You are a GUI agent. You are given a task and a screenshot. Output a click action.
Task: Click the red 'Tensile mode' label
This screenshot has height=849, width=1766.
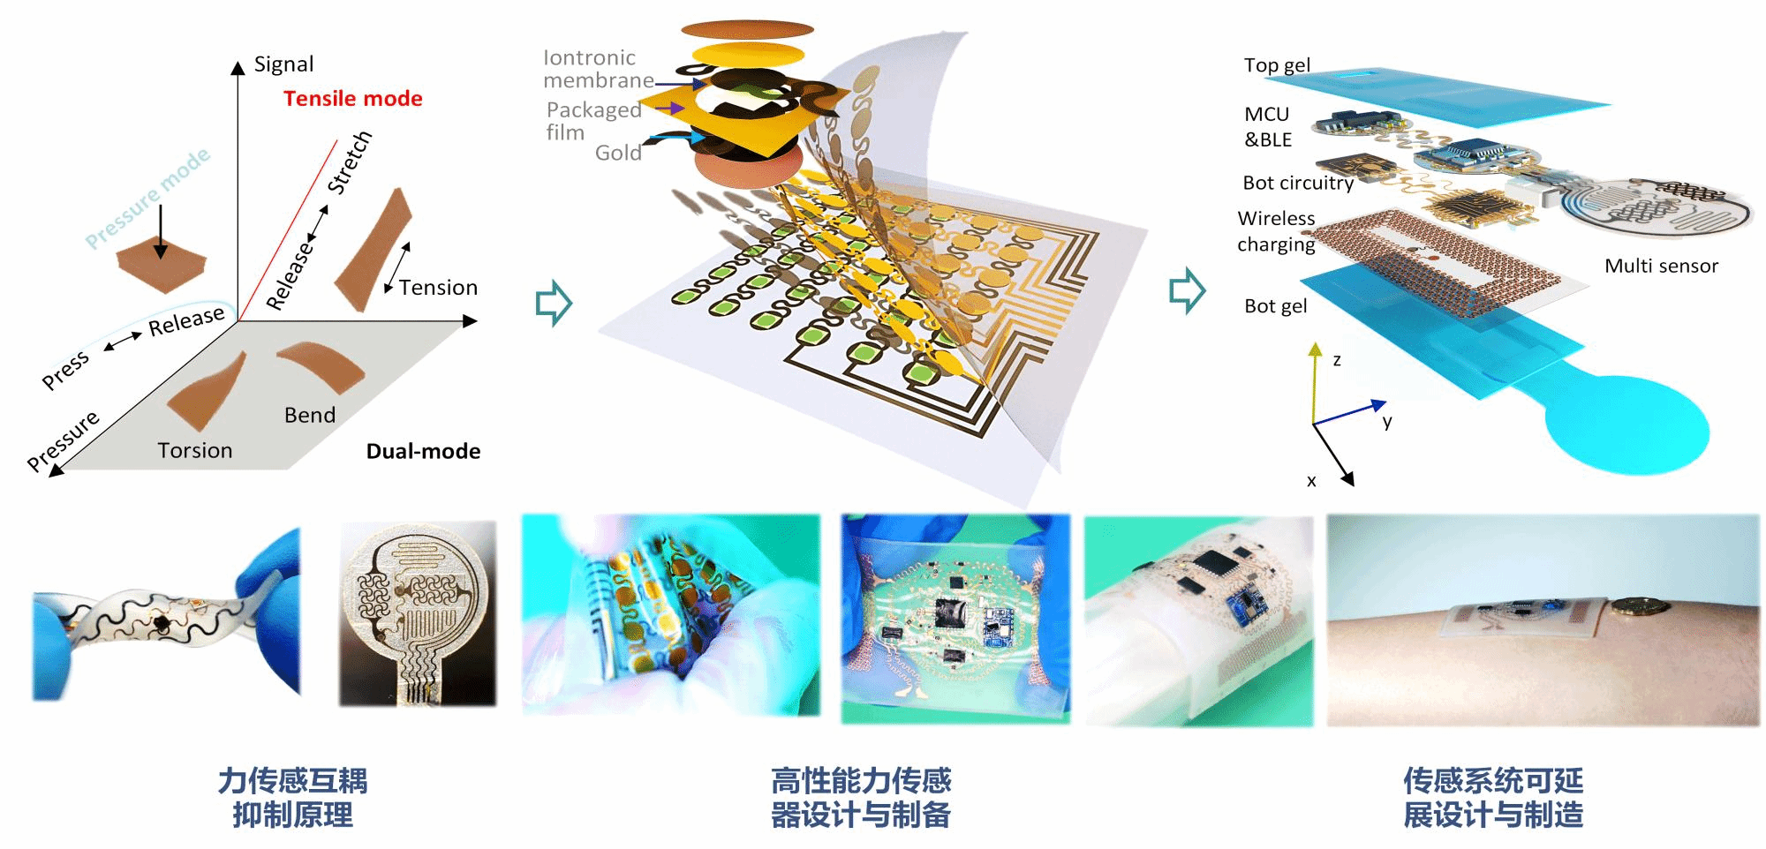(x=352, y=98)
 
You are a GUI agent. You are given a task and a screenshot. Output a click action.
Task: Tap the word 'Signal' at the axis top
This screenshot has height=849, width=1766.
(x=283, y=64)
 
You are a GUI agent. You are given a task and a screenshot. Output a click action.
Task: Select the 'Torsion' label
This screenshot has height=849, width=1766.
(x=195, y=450)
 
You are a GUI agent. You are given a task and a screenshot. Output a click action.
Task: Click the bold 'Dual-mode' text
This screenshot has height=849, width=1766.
(x=423, y=451)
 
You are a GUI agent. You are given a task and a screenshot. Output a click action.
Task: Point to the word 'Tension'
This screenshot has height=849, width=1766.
(x=438, y=288)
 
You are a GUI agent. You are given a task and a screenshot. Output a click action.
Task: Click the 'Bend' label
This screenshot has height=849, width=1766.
(x=310, y=415)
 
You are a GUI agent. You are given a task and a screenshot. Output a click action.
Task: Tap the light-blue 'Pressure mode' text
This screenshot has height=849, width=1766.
(x=147, y=198)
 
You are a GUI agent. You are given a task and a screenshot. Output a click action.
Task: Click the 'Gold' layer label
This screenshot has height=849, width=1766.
(x=618, y=153)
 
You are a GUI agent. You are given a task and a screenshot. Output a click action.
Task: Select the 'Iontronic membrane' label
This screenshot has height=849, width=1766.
(x=599, y=69)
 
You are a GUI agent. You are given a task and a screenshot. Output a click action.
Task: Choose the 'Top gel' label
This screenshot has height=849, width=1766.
(x=1277, y=65)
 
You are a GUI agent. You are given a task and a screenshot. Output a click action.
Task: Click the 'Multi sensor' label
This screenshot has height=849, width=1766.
(x=1661, y=266)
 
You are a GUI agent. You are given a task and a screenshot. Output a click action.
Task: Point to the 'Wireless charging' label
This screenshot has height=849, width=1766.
(x=1276, y=231)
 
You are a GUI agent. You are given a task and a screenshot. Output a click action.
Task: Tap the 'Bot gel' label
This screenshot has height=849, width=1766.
(x=1275, y=306)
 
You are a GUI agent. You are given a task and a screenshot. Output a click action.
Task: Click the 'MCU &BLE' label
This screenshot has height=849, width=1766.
(x=1268, y=127)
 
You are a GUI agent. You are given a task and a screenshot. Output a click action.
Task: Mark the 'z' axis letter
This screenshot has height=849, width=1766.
(x=1337, y=360)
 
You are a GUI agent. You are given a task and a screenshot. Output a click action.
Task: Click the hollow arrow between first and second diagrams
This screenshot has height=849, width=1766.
(x=554, y=303)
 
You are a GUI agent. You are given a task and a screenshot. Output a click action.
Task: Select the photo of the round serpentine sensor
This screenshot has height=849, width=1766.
(x=418, y=613)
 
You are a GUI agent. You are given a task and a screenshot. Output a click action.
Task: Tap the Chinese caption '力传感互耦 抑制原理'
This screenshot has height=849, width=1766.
(x=292, y=798)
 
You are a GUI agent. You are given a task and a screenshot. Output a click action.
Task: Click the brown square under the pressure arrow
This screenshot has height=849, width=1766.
(x=162, y=267)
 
